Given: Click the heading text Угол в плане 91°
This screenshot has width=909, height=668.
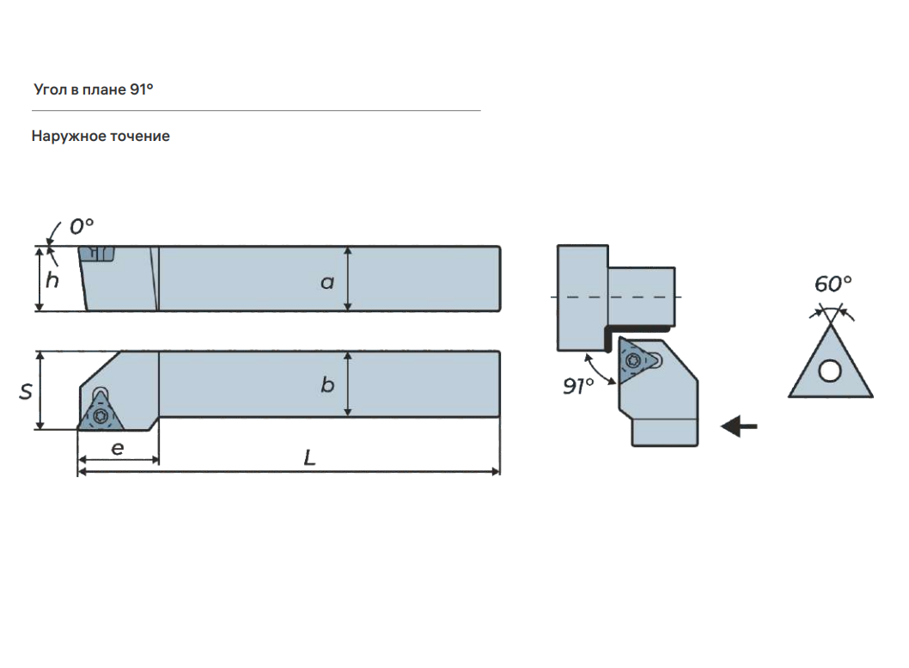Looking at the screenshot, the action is pyautogui.click(x=94, y=89).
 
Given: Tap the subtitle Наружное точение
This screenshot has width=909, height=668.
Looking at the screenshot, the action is pyautogui.click(x=101, y=136).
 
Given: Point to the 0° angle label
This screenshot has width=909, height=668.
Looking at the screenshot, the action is pyautogui.click(x=81, y=226).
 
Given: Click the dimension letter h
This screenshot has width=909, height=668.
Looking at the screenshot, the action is pyautogui.click(x=52, y=279).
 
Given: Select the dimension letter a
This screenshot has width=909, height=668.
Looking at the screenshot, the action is pyautogui.click(x=327, y=282).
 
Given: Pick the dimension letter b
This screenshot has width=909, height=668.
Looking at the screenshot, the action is pyautogui.click(x=327, y=384).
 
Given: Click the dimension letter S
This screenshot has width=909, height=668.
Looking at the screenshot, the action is pyautogui.click(x=26, y=391).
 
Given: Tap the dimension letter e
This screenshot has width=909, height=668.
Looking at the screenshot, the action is pyautogui.click(x=117, y=448).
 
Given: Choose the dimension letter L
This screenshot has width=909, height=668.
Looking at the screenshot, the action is pyautogui.click(x=309, y=457).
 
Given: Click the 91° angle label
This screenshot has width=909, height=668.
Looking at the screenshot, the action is pyautogui.click(x=578, y=386).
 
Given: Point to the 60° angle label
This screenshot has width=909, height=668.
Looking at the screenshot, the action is pyautogui.click(x=833, y=284).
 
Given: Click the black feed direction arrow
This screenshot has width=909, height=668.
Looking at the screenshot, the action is pyautogui.click(x=739, y=426).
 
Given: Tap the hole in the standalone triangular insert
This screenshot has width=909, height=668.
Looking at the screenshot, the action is pyautogui.click(x=830, y=370).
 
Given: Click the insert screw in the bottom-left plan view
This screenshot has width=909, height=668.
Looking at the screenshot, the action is pyautogui.click(x=101, y=415).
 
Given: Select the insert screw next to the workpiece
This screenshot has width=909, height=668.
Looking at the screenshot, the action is pyautogui.click(x=633, y=361).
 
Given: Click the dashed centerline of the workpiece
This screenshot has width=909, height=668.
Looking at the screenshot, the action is pyautogui.click(x=616, y=297).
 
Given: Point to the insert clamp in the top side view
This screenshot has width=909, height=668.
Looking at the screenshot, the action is pyautogui.click(x=97, y=254).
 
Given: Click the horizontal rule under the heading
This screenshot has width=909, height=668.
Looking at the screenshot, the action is pyautogui.click(x=256, y=110).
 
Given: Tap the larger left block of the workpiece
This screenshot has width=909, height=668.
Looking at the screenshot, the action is pyautogui.click(x=583, y=297).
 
